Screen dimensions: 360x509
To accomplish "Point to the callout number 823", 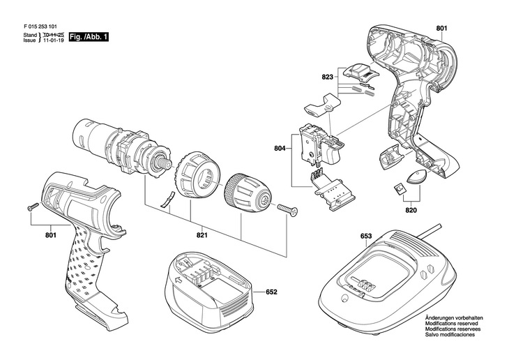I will [328, 78].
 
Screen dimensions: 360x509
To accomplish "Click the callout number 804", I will [281, 147].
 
